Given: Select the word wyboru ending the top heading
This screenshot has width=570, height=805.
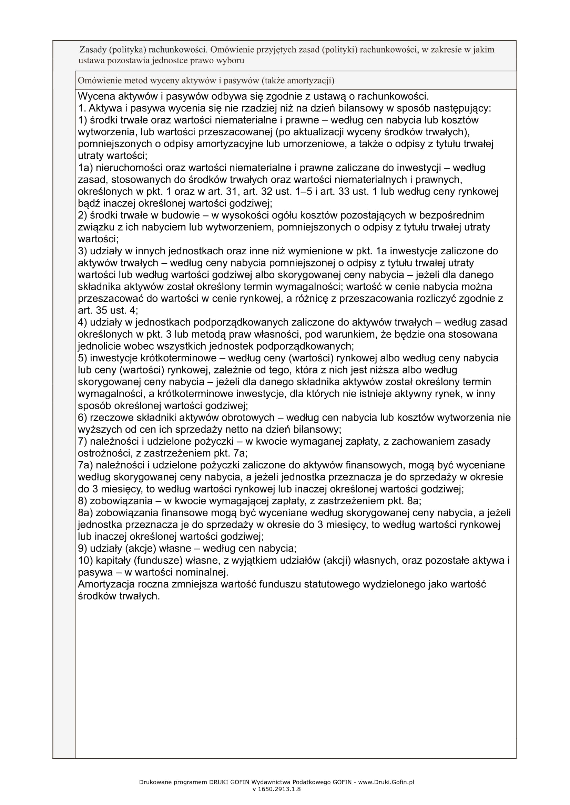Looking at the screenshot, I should pyautogui.click(x=230, y=61).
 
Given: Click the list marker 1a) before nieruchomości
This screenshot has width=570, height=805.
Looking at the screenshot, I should pyautogui.click(x=85, y=168).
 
